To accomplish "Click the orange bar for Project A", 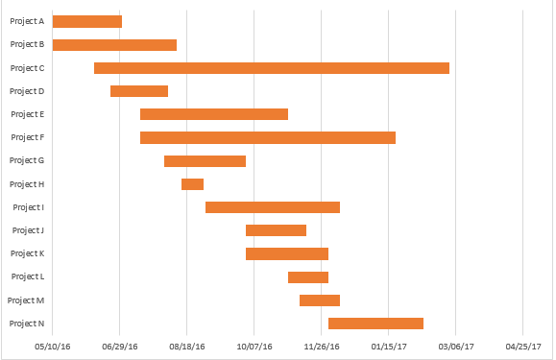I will point(87,21).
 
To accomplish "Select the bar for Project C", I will point(272,68).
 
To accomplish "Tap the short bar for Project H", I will point(192,184).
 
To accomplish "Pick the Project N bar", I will point(375,324).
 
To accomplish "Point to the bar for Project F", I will point(268,137).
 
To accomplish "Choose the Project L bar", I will point(308,277).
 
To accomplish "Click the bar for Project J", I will point(276,230).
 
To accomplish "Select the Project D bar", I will point(139,91).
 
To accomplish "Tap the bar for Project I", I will point(273,207).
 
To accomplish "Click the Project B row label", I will point(27,44).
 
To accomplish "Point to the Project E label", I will point(27,114).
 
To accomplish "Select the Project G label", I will point(27,160).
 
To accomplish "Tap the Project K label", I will point(27,253).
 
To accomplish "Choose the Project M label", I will point(26,300).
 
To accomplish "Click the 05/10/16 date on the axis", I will point(53,346).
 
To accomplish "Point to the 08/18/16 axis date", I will point(187,346).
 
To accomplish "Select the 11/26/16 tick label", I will point(321,346).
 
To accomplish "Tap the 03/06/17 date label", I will point(455,346).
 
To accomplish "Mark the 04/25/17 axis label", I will point(522,346).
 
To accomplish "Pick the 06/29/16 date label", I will point(120,346).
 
